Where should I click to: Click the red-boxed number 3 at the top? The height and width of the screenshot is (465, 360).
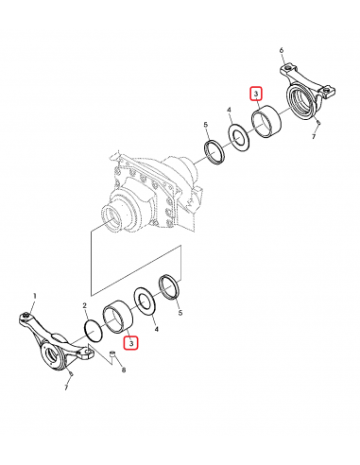click(256, 94)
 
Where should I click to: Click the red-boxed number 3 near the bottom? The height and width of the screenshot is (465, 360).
click(130, 343)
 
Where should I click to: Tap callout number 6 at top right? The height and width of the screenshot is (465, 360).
click(282, 50)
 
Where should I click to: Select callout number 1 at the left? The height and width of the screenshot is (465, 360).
click(35, 296)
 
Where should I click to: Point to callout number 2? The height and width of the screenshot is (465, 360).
click(84, 305)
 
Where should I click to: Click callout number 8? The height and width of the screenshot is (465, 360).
click(124, 370)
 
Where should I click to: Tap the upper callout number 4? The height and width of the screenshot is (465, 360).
click(229, 110)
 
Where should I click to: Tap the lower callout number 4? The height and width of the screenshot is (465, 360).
click(156, 330)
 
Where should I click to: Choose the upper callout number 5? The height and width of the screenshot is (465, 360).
click(206, 125)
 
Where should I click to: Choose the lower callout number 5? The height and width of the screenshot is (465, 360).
click(180, 313)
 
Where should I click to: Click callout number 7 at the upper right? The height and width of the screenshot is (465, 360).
click(314, 137)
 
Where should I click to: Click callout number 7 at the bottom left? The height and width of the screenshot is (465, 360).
click(66, 387)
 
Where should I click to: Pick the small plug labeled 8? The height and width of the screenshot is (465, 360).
click(111, 353)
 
